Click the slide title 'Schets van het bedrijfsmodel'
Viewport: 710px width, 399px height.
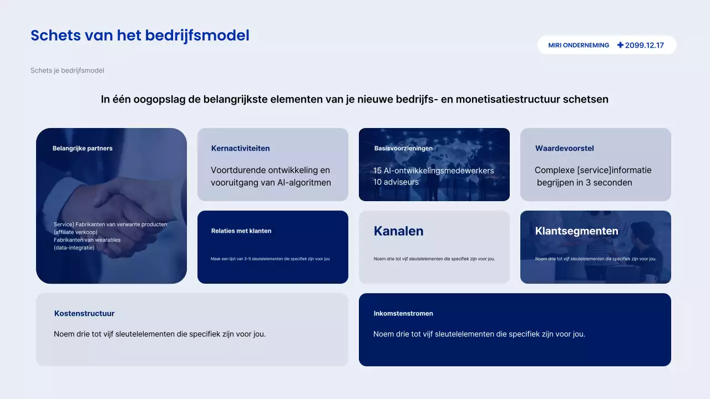click(140, 35)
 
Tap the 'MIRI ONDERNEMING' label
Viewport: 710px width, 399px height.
click(579, 45)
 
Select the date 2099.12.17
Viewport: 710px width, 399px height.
click(644, 45)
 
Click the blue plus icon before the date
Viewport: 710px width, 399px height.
click(620, 45)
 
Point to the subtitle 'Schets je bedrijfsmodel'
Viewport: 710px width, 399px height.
click(67, 70)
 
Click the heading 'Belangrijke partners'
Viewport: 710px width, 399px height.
click(83, 149)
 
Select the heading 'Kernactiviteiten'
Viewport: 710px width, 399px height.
click(240, 149)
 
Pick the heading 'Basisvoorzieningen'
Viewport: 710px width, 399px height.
click(403, 149)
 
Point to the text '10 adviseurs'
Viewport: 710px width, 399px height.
click(396, 182)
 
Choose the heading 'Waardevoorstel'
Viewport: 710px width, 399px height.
click(564, 149)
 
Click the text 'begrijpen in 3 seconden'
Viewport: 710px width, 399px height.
click(584, 182)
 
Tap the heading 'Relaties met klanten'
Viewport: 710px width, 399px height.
click(241, 231)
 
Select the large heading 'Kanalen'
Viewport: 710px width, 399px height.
click(398, 231)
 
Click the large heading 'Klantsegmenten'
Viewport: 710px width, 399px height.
click(576, 231)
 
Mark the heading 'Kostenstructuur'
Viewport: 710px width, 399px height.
click(84, 314)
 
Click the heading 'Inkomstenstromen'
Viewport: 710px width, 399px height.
click(403, 314)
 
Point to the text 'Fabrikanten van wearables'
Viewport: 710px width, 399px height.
click(87, 240)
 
